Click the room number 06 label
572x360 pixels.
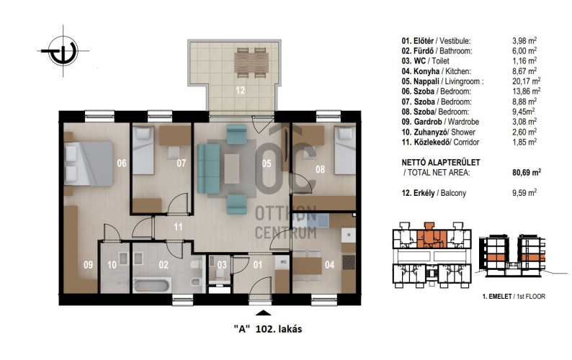(122, 163)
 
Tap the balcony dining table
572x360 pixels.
(251, 63)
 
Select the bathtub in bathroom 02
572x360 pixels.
(152, 285)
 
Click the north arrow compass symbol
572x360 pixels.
(63, 50)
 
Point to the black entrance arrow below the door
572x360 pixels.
(264, 312)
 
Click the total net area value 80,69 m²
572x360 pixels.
(527, 172)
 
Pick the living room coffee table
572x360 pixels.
(232, 169)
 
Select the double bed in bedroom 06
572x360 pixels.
(89, 163)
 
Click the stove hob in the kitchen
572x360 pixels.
(349, 262)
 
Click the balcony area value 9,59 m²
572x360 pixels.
(524, 192)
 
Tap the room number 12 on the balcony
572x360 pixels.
(240, 90)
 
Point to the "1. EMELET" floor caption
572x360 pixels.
(497, 297)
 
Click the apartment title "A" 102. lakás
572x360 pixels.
(268, 329)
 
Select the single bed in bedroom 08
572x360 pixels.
(345, 150)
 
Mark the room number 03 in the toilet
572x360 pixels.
(222, 264)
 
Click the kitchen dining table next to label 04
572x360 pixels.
(307, 266)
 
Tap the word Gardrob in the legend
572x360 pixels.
(427, 122)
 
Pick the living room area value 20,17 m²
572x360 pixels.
(526, 81)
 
